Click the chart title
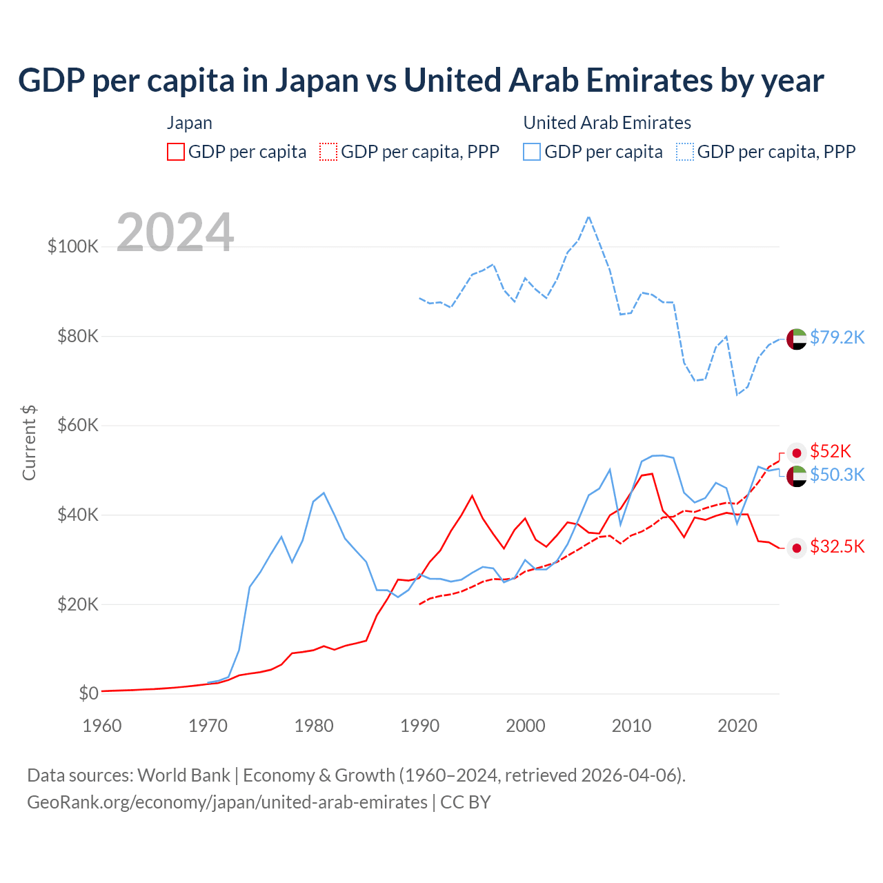tap(421, 80)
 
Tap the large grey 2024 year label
tap(175, 232)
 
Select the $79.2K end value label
tap(837, 337)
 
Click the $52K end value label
tap(831, 451)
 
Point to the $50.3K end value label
tap(837, 475)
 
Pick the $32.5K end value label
tap(837, 547)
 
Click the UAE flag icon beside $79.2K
tap(797, 339)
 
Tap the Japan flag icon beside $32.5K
tap(797, 548)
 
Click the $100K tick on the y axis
tap(73, 246)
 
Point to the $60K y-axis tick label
tap(78, 426)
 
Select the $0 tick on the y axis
tap(88, 693)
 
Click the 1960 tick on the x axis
tap(102, 726)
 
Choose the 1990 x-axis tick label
tap(419, 726)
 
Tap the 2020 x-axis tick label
tap(737, 726)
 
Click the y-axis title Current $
tap(29, 443)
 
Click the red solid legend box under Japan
tap(176, 152)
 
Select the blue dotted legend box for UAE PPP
tap(685, 152)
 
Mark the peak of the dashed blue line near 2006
tap(588, 217)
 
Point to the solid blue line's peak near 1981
tap(324, 493)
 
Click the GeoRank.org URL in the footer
tap(227, 802)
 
